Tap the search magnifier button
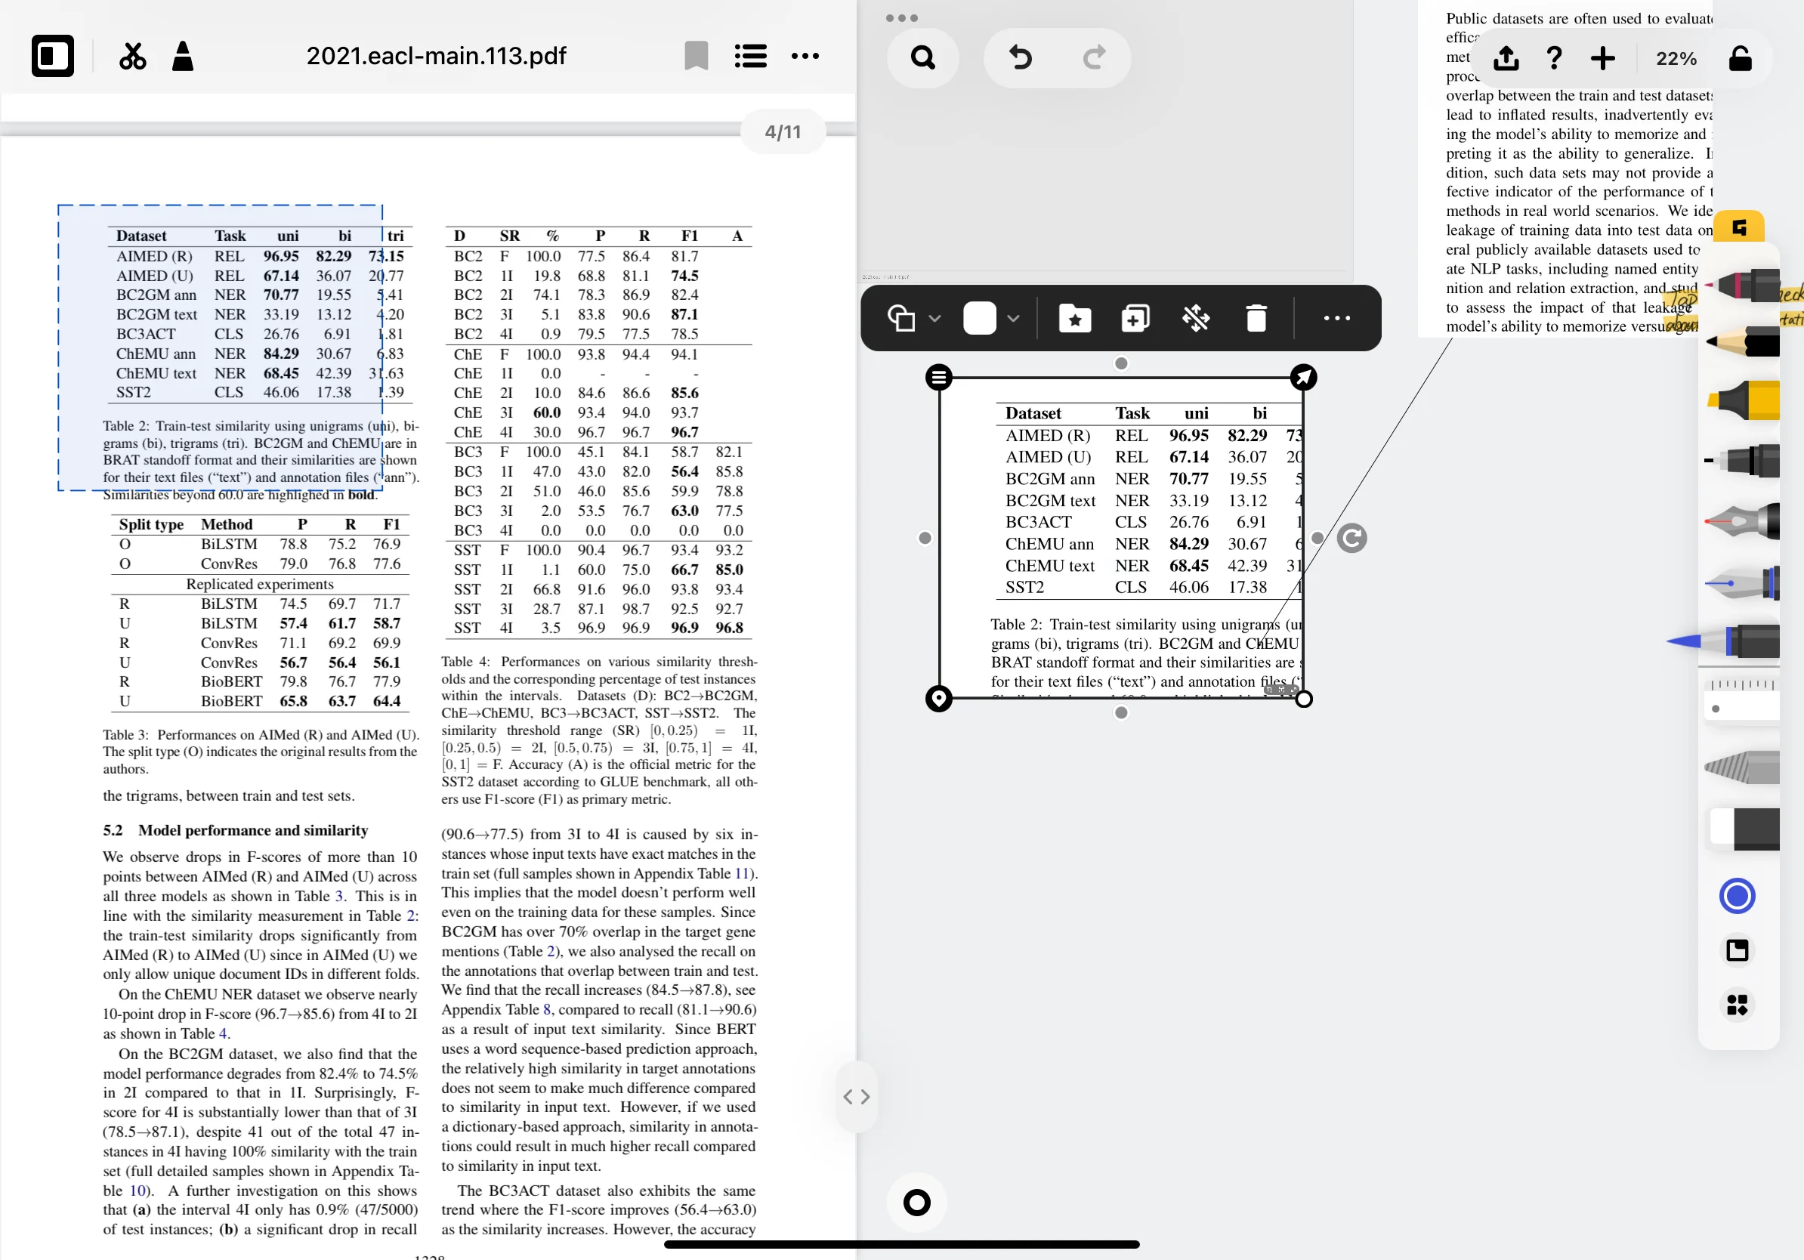click(922, 57)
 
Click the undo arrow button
click(1020, 57)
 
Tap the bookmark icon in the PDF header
click(697, 56)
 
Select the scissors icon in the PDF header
click(133, 56)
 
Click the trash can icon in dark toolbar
click(1256, 318)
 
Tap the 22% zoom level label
click(1676, 59)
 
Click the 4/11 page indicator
click(783, 132)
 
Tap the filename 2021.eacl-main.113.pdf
click(436, 56)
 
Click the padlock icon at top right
click(1740, 58)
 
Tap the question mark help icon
click(1553, 58)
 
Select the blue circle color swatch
click(1737, 895)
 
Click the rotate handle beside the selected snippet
click(1351, 538)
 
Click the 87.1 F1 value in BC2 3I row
click(684, 314)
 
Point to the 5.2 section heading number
click(113, 830)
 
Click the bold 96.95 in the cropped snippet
click(1188, 435)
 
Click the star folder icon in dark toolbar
click(1074, 318)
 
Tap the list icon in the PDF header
click(750, 56)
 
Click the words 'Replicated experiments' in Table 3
click(259, 584)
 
